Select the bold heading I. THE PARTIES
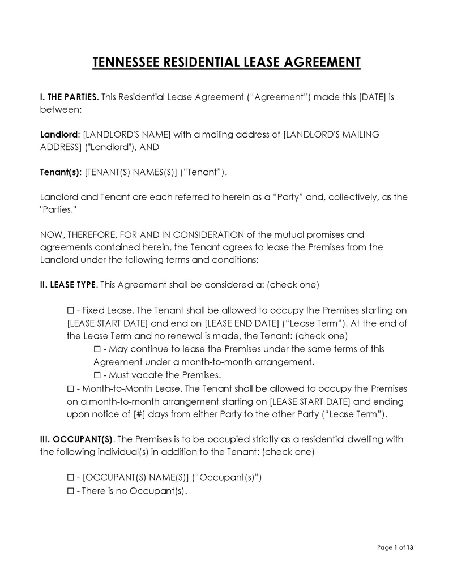click(x=69, y=97)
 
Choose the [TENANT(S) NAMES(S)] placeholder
click(x=131, y=173)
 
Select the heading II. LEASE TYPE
click(x=68, y=285)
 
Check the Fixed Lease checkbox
click(x=70, y=310)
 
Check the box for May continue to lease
click(x=97, y=349)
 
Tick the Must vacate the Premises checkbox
click(x=97, y=375)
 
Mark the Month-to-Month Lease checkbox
click(x=70, y=388)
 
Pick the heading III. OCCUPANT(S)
click(x=76, y=439)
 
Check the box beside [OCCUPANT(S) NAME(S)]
click(x=70, y=477)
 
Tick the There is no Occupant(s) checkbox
click(x=70, y=491)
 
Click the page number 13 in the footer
click(x=410, y=547)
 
